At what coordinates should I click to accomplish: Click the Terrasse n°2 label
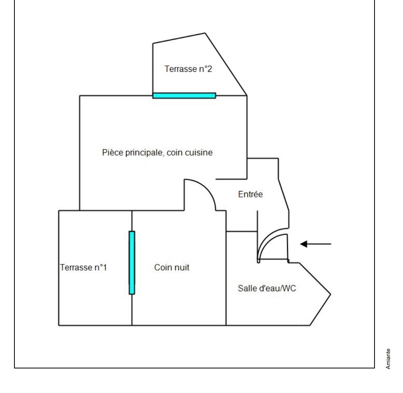click(188, 69)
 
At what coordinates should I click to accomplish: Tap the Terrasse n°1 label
click(83, 267)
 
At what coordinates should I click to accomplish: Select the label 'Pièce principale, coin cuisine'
click(157, 152)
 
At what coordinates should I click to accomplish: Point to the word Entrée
click(250, 194)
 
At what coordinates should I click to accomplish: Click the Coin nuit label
click(172, 267)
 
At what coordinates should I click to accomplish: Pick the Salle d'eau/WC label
click(267, 288)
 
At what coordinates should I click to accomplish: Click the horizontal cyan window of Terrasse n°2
click(184, 96)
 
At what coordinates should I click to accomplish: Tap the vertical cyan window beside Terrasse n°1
click(132, 263)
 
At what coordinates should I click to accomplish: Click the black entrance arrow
click(316, 244)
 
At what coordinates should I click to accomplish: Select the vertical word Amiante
click(388, 359)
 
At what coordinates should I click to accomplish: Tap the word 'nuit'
click(181, 267)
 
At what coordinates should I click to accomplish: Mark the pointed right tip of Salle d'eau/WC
click(330, 294)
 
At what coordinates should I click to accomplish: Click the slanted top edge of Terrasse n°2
click(179, 38)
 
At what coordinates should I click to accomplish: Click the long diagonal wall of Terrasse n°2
click(226, 64)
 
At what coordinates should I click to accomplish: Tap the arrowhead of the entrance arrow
click(304, 244)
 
